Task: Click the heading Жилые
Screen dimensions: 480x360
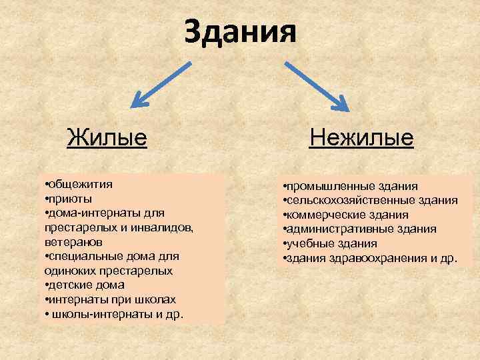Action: coord(107,138)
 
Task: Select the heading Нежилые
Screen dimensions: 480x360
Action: coord(361,138)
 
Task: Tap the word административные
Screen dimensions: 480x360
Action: coord(331,229)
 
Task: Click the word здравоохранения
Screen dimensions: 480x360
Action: coord(369,258)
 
